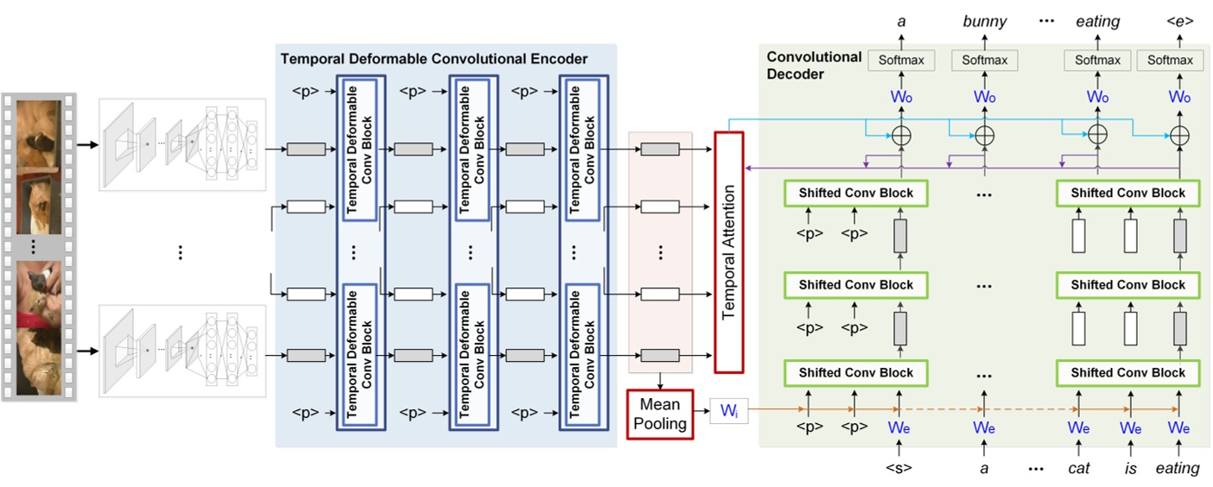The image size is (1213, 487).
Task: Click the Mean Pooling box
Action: [660, 414]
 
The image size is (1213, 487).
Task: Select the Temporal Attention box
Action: [728, 251]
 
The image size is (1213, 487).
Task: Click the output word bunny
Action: [984, 22]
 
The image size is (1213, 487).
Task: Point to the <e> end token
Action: [1179, 22]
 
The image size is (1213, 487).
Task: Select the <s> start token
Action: [899, 468]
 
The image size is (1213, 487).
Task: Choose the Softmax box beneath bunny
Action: [984, 60]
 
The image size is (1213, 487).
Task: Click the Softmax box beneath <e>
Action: [1170, 60]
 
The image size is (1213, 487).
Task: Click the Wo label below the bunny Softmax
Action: [984, 98]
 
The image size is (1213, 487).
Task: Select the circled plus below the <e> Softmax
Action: [1179, 135]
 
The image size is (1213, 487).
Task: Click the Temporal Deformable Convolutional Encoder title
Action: [434, 60]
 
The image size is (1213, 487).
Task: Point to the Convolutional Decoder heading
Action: [814, 65]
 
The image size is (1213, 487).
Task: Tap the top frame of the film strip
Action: [39, 134]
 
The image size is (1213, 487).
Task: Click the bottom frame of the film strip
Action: [39, 358]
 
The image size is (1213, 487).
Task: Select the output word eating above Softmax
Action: [1097, 22]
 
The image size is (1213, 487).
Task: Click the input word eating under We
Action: [1178, 468]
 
